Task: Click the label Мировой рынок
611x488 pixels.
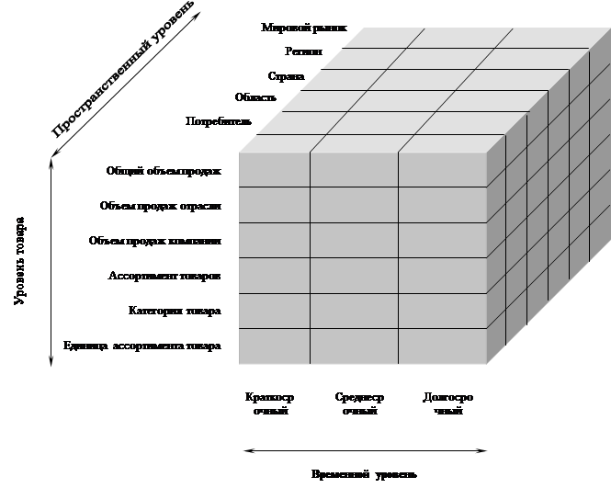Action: [304, 28]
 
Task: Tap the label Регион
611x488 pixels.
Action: [303, 52]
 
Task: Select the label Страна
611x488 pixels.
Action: [286, 75]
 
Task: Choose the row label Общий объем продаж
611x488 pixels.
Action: [164, 170]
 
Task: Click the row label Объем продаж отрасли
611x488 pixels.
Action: [161, 205]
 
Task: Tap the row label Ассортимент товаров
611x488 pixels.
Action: [164, 276]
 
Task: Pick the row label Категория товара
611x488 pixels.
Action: [175, 311]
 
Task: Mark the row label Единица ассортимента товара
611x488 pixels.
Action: [142, 346]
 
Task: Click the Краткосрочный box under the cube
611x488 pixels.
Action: [270, 404]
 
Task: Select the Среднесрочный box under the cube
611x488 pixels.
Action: [359, 404]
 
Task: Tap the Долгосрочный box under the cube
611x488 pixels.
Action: [447, 404]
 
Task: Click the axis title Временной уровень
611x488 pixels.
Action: [365, 474]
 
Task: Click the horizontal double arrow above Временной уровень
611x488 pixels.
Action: [364, 450]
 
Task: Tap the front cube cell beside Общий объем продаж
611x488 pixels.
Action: [274, 171]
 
